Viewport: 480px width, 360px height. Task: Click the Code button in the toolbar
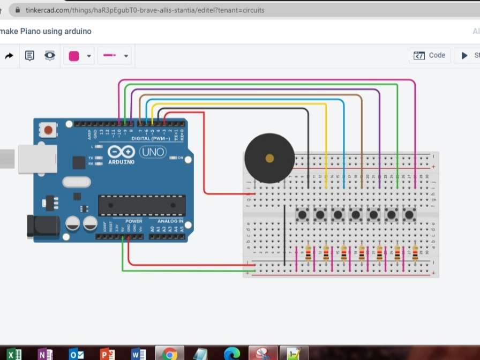(x=430, y=55)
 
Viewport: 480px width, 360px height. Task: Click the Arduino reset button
(x=49, y=130)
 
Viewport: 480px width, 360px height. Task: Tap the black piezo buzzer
(x=269, y=158)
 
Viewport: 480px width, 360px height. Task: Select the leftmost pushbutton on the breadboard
(x=303, y=215)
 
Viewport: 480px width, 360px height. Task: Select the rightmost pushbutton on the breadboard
(x=410, y=215)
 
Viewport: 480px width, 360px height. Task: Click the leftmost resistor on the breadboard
(x=308, y=253)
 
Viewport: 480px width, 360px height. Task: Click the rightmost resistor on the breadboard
(x=415, y=253)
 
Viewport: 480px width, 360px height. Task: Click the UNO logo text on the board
(x=153, y=152)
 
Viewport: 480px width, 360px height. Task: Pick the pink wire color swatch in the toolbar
(x=74, y=56)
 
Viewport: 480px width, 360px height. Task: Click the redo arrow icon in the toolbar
(x=9, y=56)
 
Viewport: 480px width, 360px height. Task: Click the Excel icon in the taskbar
(x=14, y=354)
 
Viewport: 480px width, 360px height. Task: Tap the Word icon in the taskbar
(x=138, y=354)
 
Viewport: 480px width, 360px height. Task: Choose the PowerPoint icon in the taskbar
(x=107, y=354)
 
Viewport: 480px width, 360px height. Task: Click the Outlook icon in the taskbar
(x=76, y=354)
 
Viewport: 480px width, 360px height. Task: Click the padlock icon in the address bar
(x=18, y=10)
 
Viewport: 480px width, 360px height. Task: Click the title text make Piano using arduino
(x=46, y=31)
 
